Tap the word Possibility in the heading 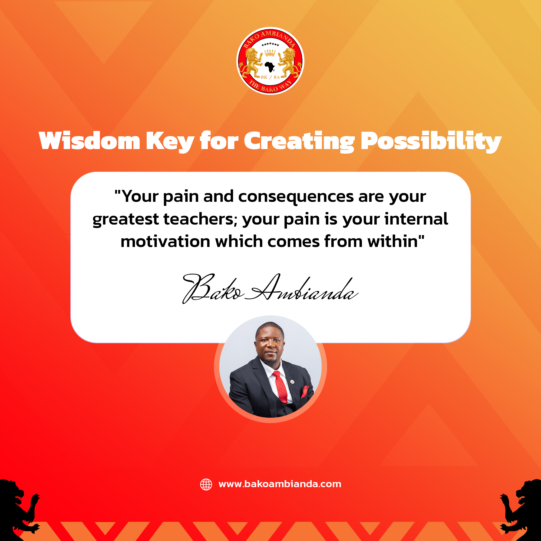pyautogui.click(x=431, y=142)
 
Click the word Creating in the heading pyautogui.click(x=299, y=142)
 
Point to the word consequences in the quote pyautogui.click(x=296, y=197)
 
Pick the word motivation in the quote pyautogui.click(x=165, y=241)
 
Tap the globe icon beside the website pyautogui.click(x=206, y=484)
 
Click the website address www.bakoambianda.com pyautogui.click(x=280, y=484)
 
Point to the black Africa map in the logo pyautogui.click(x=270, y=67)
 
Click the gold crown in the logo pyautogui.click(x=270, y=53)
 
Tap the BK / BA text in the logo pyautogui.click(x=270, y=77)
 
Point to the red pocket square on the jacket pyautogui.click(x=305, y=391)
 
